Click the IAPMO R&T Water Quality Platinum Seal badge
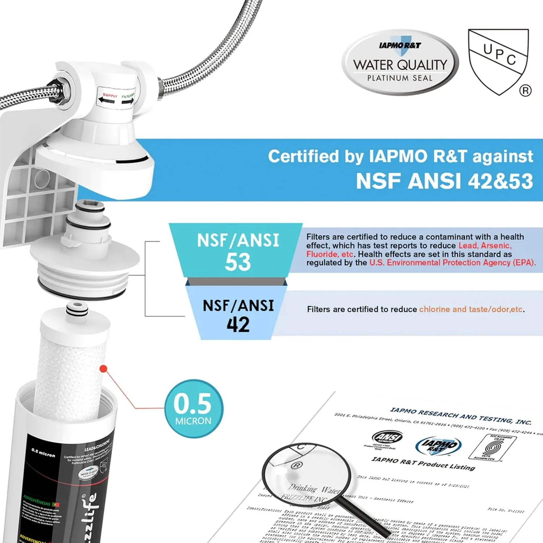[400, 62]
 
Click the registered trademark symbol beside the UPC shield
[526, 90]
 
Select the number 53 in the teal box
[237, 262]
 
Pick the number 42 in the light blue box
[238, 324]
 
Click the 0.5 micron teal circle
[194, 409]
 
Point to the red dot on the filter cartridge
[104, 369]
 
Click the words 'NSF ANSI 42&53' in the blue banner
[444, 181]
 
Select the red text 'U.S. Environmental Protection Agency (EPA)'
[452, 263]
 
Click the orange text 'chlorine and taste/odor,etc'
[471, 310]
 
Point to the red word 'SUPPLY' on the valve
[110, 96]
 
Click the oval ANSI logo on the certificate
[387, 437]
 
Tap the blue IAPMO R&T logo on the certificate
[439, 445]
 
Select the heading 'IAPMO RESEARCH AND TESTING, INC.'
[460, 416]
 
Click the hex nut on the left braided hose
[58, 92]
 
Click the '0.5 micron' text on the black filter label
[43, 452]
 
